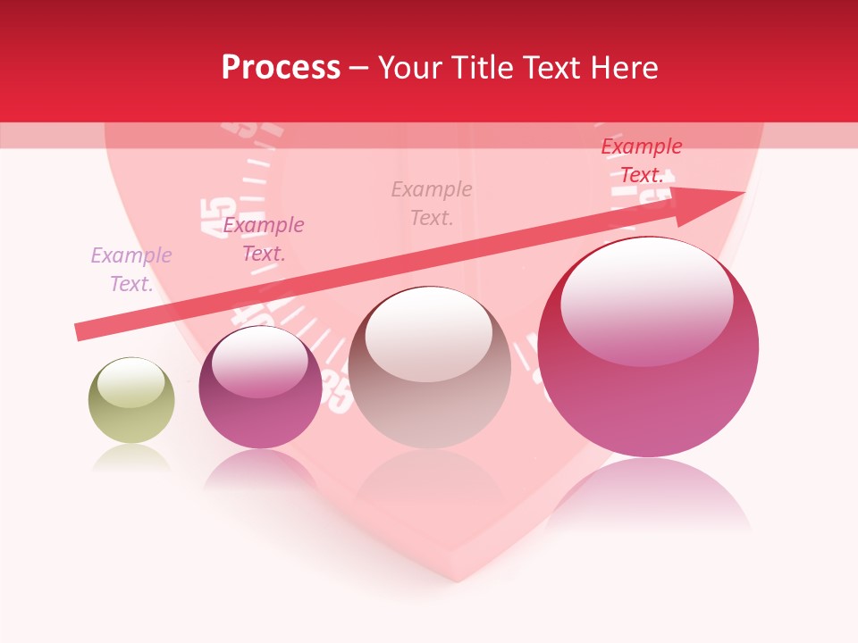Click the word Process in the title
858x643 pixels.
(281, 68)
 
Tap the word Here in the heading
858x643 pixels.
(623, 68)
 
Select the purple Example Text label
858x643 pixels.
(131, 270)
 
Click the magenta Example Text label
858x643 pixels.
(264, 239)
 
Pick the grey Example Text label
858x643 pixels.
(432, 204)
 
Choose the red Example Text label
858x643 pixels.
(642, 161)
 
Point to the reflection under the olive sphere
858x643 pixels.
(130, 459)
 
